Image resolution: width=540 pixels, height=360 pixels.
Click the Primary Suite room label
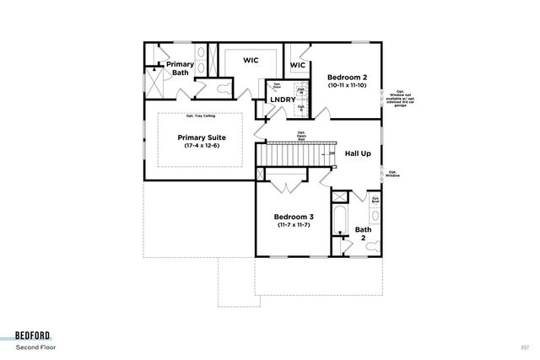tap(202, 137)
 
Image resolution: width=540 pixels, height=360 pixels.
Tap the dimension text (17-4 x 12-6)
tap(202, 146)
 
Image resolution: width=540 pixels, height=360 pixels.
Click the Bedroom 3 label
tap(294, 217)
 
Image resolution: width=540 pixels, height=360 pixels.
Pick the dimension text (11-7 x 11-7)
tap(294, 225)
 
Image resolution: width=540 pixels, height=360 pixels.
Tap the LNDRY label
tap(282, 100)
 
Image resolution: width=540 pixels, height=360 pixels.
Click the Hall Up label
tap(358, 154)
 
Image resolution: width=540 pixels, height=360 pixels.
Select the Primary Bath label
tap(180, 68)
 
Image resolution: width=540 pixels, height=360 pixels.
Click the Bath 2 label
tap(362, 234)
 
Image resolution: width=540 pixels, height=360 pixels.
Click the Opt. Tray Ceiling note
tap(201, 116)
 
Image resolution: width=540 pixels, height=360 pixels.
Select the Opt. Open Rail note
tap(301, 136)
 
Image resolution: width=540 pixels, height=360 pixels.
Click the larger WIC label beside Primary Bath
tap(251, 60)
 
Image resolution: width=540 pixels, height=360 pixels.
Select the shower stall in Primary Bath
tap(153, 83)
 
